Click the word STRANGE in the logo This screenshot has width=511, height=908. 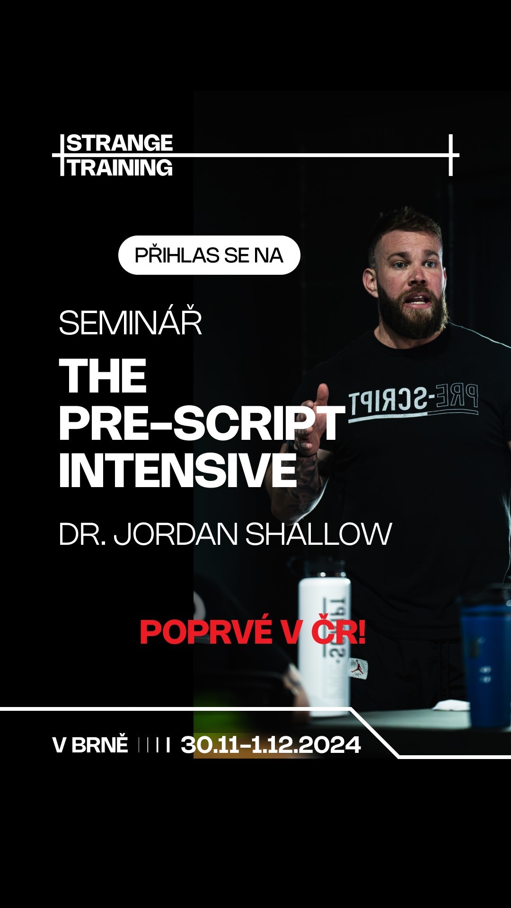pyautogui.click(x=120, y=143)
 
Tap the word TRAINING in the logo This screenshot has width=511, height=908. pyautogui.click(x=121, y=168)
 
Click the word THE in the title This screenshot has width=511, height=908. pyautogui.click(x=103, y=376)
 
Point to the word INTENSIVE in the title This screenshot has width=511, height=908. pyautogui.click(x=178, y=470)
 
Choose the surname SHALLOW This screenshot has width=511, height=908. pyautogui.click(x=318, y=534)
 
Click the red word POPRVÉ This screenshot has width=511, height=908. pyautogui.click(x=206, y=632)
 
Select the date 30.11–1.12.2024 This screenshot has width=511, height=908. pyautogui.click(x=271, y=745)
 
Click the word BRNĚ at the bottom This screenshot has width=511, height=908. pyautogui.click(x=100, y=745)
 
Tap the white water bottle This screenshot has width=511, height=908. pyautogui.click(x=325, y=638)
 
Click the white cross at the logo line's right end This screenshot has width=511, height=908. pyautogui.click(x=451, y=155)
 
